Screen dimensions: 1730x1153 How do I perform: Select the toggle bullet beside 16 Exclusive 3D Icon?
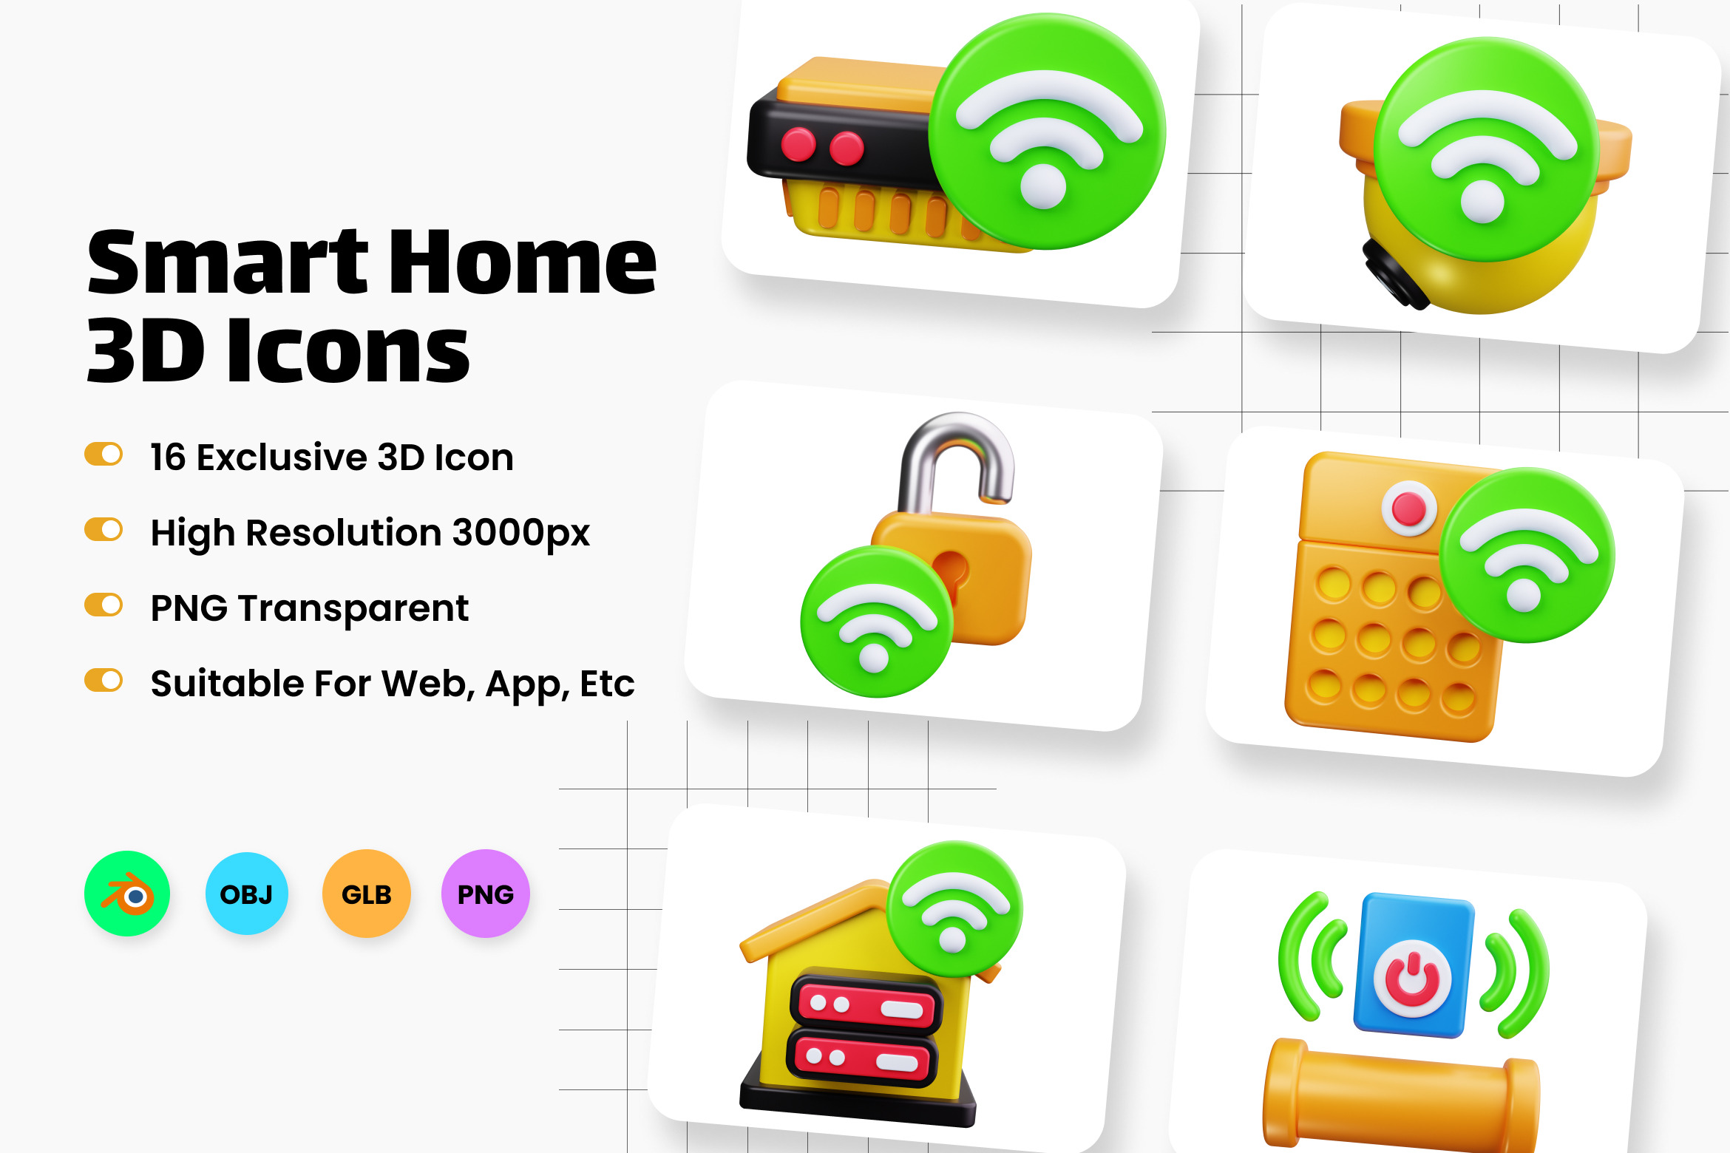(x=104, y=455)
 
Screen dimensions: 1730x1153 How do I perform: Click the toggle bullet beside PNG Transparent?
(x=104, y=605)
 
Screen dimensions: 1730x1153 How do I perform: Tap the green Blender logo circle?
(x=127, y=894)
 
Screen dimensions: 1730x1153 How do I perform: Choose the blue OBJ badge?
(x=247, y=894)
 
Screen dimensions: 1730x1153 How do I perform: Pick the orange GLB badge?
(x=367, y=894)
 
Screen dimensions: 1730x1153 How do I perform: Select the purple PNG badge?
(x=486, y=894)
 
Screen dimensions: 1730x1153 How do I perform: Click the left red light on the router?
(x=798, y=144)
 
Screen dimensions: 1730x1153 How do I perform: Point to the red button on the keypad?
(x=1408, y=509)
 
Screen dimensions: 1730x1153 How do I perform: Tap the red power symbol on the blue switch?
(x=1412, y=979)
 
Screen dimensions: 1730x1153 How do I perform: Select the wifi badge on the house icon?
(x=954, y=908)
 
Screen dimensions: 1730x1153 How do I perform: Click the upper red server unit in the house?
(x=866, y=1004)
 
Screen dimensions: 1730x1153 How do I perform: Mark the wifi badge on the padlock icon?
(x=877, y=622)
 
